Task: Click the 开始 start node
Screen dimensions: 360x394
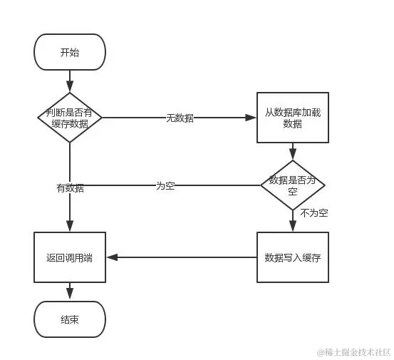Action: pos(70,52)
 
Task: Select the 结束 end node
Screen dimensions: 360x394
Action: pos(70,319)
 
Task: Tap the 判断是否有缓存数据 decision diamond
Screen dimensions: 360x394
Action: pos(70,118)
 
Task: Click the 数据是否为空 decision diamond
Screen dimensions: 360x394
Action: pos(292,185)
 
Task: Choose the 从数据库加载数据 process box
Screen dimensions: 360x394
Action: pos(292,118)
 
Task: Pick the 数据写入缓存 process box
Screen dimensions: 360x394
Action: pos(292,257)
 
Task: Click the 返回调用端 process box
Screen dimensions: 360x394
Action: pos(70,257)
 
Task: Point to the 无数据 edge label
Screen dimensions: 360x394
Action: pos(180,118)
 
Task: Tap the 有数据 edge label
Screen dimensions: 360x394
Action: pos(70,188)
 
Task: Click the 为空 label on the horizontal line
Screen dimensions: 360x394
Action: pos(165,185)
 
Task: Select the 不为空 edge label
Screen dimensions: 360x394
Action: pos(313,213)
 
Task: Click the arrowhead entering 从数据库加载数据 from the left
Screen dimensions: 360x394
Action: pos(252,118)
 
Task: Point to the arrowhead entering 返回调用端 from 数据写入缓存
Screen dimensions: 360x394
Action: pos(110,257)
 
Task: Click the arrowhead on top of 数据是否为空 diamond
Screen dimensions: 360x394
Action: pos(292,156)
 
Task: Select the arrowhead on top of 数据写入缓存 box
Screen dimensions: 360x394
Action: pos(292,227)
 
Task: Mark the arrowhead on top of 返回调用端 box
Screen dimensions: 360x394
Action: pos(70,227)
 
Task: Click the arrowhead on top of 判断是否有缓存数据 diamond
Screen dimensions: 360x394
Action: pos(70,88)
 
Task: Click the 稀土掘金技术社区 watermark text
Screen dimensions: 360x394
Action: pos(354,352)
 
